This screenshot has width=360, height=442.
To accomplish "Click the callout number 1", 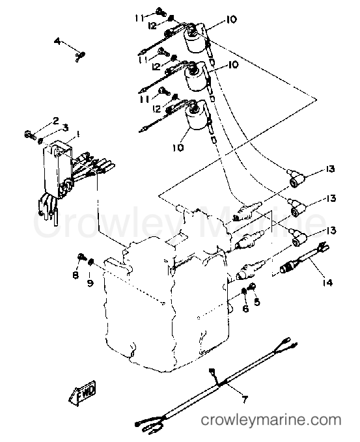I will pyautogui.click(x=78, y=133).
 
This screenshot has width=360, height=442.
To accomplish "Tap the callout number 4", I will pyautogui.click(x=57, y=42).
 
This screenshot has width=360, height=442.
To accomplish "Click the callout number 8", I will pyautogui.click(x=76, y=276).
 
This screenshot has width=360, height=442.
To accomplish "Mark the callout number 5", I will pyautogui.click(x=256, y=302).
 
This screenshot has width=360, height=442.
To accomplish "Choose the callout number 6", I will pyautogui.click(x=245, y=309).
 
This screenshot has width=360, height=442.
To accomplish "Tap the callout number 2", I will pyautogui.click(x=55, y=120).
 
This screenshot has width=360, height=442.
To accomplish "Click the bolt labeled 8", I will pyautogui.click(x=80, y=258).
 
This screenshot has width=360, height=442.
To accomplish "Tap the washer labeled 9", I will pyautogui.click(x=92, y=263).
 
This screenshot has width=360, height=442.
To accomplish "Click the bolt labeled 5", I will pyautogui.click(x=253, y=286).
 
